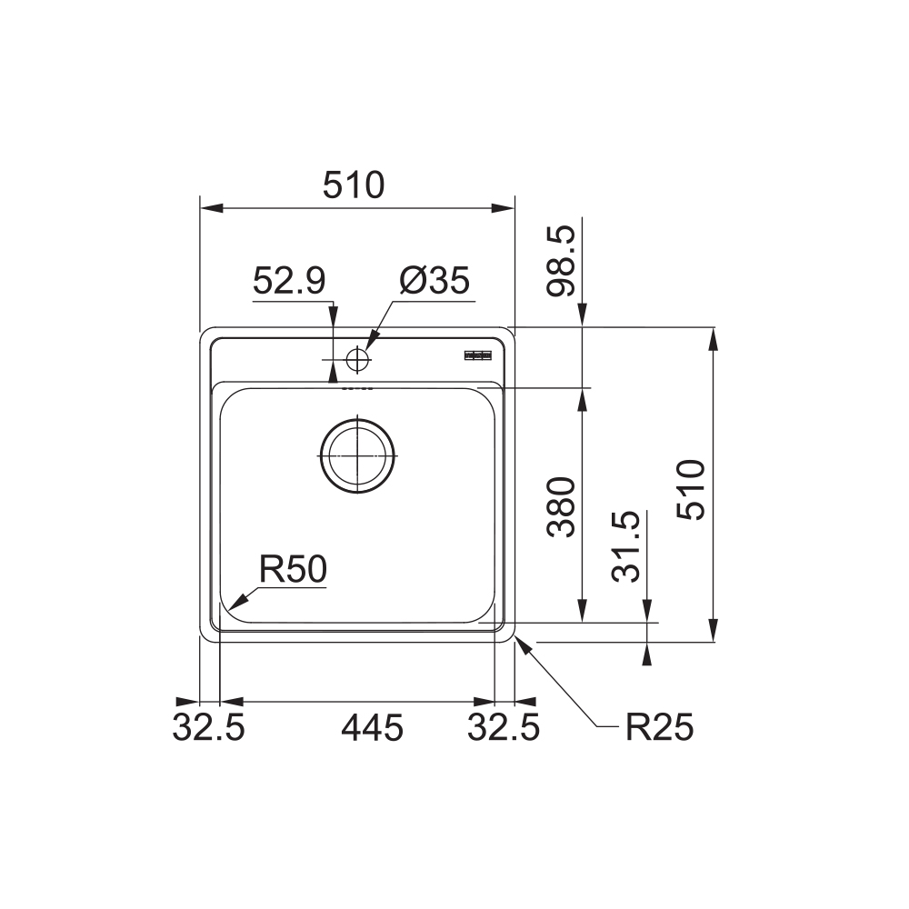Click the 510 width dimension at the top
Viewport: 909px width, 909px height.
point(354,185)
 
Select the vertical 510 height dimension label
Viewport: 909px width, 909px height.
point(693,489)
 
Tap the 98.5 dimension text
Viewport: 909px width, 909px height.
point(561,261)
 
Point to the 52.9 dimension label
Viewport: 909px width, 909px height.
point(289,281)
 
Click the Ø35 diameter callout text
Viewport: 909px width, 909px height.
point(435,281)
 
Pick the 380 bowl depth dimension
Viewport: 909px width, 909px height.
point(561,507)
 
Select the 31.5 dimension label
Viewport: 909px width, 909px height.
point(626,546)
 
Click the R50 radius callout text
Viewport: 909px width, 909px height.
point(293,569)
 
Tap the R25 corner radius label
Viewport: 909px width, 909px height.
point(659,727)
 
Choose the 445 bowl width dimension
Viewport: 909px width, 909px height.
point(372,727)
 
